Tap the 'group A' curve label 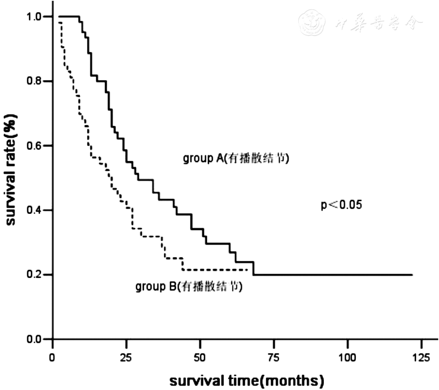point(236,159)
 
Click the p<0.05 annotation point(341,205)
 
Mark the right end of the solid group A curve point(412,275)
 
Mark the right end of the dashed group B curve point(249,270)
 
